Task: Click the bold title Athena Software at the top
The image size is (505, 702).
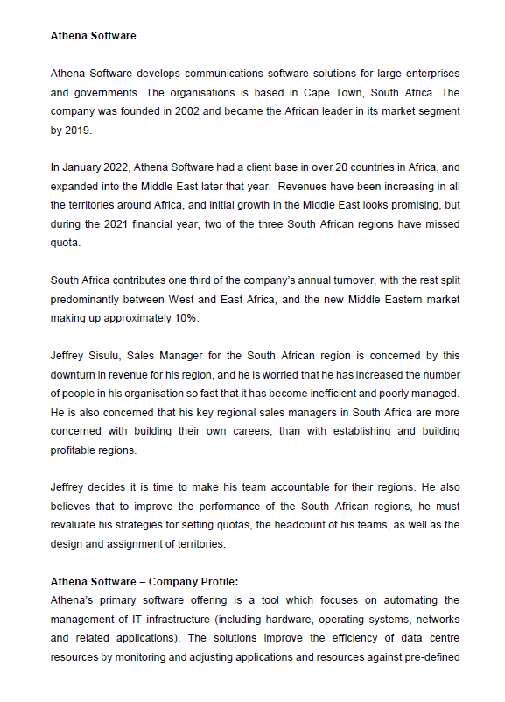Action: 94,37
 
